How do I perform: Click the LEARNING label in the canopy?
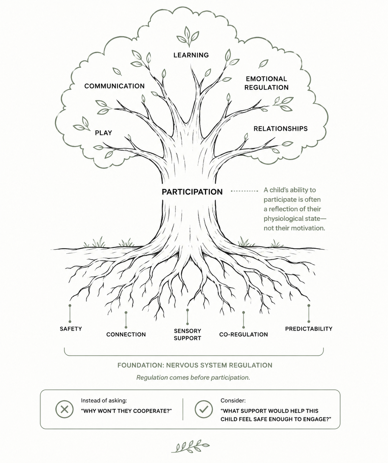(x=191, y=55)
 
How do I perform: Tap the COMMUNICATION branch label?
(x=114, y=86)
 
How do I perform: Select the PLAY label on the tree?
(x=103, y=133)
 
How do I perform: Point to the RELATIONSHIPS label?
(x=280, y=129)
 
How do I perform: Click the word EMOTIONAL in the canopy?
(x=266, y=79)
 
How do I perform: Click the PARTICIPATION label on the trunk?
(x=192, y=192)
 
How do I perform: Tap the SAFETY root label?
(x=71, y=329)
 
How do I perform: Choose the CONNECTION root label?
(x=126, y=334)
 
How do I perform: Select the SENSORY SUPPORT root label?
(x=187, y=334)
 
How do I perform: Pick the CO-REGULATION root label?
(x=243, y=334)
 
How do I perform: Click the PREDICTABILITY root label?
(x=309, y=329)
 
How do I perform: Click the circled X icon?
(x=64, y=409)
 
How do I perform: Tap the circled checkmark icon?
(x=204, y=409)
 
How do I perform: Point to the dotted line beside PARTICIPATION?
(x=244, y=191)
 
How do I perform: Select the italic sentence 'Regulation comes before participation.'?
(x=193, y=377)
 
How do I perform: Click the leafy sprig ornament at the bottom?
(x=190, y=446)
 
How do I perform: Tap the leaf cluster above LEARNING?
(x=188, y=36)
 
